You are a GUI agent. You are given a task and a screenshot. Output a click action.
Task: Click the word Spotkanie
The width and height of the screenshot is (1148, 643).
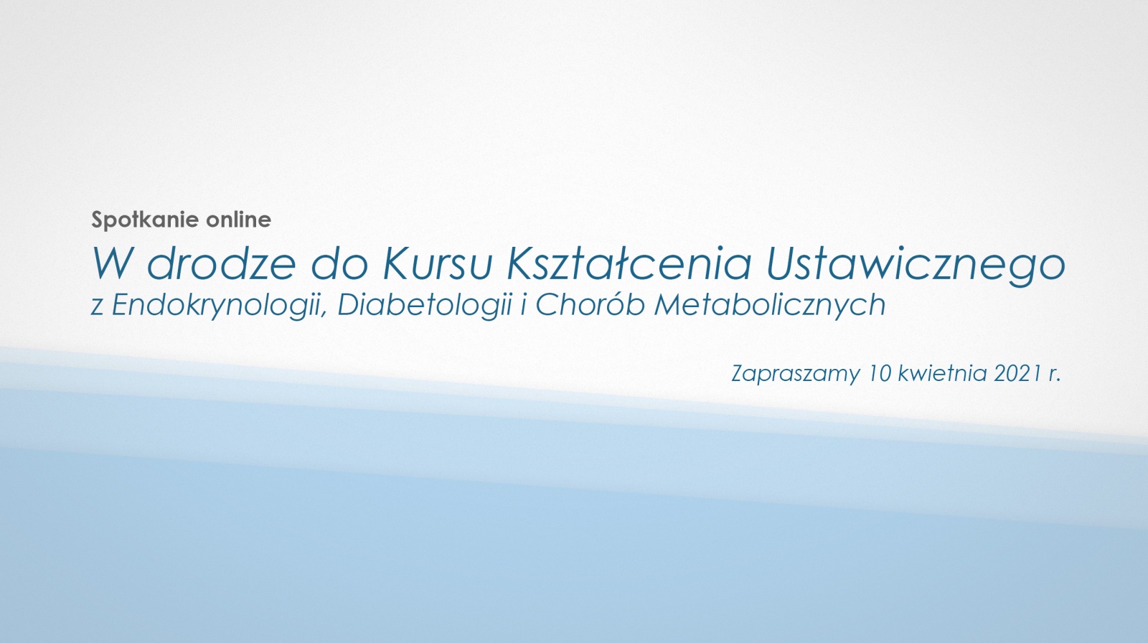(145, 220)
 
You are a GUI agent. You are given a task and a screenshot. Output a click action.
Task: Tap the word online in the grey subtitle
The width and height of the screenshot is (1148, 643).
(238, 220)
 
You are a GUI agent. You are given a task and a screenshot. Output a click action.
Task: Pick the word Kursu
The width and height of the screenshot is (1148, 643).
(438, 263)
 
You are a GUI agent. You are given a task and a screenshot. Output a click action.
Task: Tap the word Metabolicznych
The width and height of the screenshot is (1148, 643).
(771, 306)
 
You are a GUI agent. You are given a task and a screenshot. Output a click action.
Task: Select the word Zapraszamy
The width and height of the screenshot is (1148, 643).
(796, 375)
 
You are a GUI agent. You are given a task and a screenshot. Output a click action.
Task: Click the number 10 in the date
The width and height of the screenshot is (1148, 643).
(880, 373)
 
